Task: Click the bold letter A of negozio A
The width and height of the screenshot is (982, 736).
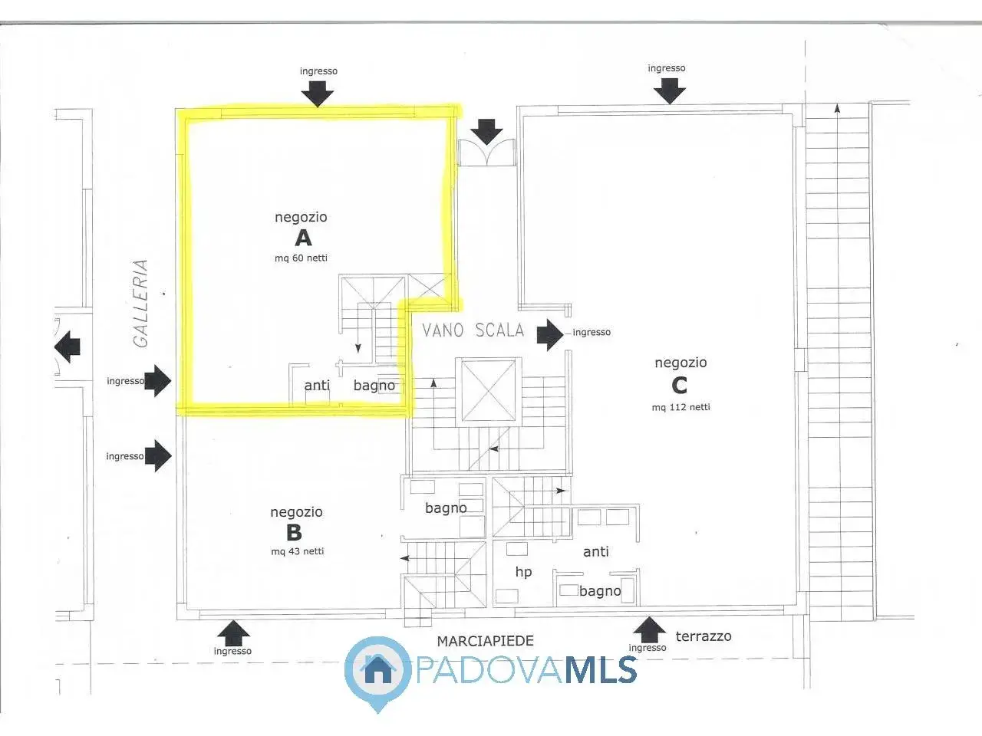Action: tap(303, 238)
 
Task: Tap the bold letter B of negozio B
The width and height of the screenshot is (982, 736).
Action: tap(294, 532)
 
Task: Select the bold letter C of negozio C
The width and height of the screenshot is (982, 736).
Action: tap(679, 385)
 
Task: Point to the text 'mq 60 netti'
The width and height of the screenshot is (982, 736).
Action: tap(301, 258)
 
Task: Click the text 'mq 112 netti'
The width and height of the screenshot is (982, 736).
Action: tap(681, 407)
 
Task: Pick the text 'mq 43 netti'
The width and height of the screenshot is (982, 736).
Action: tap(298, 551)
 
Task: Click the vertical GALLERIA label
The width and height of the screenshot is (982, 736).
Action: tap(140, 304)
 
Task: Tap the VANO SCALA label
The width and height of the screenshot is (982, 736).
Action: tap(473, 330)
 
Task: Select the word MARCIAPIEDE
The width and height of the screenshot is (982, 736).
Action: tap(486, 641)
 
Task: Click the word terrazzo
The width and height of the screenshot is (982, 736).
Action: tap(704, 636)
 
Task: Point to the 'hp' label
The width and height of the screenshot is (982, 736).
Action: tap(523, 572)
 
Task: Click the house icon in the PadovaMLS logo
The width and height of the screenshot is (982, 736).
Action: tap(377, 670)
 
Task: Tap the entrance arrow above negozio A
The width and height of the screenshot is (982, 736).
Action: tap(317, 94)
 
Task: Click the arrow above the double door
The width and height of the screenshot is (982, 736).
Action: tap(486, 132)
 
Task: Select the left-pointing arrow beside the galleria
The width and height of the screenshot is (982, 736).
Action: tap(68, 347)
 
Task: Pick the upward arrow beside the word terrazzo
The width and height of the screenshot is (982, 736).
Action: tap(650, 629)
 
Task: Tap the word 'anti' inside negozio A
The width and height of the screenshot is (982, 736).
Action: tap(317, 385)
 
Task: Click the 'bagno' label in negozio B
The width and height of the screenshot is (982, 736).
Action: tap(446, 508)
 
